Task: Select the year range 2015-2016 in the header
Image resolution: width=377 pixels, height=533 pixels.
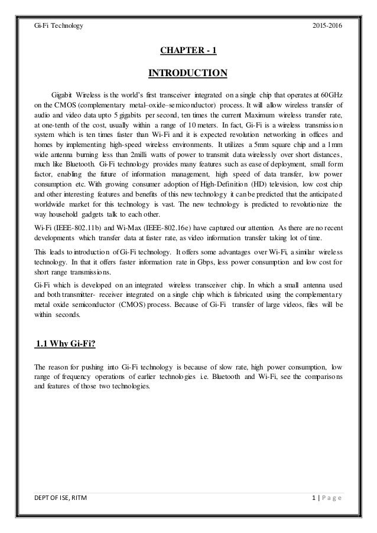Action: coord(325,26)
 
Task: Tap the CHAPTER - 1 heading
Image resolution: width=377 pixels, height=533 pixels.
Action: coord(188,50)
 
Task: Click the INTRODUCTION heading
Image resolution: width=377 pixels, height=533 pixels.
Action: coord(188,73)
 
